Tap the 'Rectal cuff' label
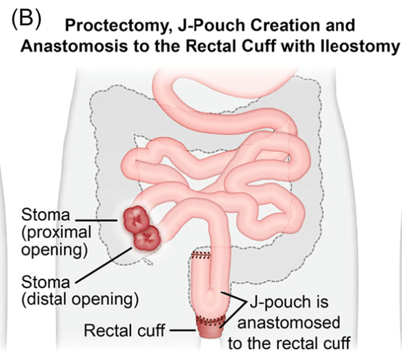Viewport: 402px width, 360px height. coord(124,330)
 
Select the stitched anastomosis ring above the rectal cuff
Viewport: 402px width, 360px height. coord(209,321)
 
